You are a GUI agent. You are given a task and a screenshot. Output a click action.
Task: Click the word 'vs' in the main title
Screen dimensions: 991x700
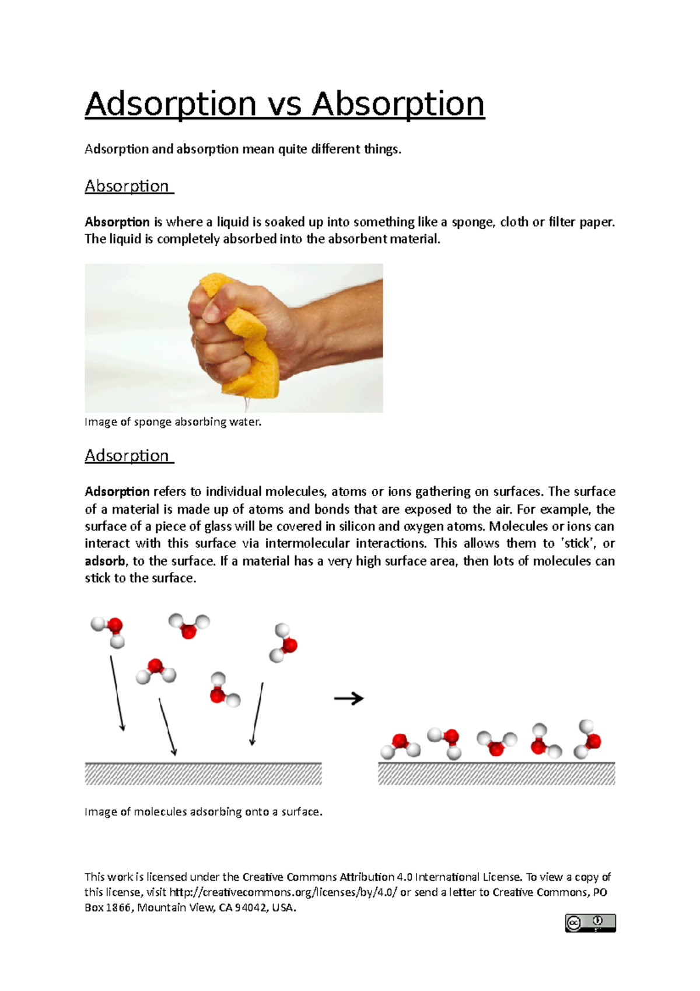(284, 105)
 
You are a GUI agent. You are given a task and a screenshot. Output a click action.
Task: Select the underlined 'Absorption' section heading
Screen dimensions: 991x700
(127, 186)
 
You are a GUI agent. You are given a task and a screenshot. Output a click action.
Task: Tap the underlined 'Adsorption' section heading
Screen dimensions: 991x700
(127, 456)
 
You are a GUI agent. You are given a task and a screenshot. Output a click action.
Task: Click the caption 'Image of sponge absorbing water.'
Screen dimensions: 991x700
(173, 422)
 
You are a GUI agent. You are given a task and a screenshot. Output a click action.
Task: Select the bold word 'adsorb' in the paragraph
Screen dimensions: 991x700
(105, 561)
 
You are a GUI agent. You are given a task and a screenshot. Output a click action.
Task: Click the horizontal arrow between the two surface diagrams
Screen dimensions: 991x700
(349, 698)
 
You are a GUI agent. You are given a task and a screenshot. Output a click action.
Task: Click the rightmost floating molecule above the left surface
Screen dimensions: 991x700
(283, 643)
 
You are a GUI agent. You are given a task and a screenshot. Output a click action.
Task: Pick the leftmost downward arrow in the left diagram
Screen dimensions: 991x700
(117, 693)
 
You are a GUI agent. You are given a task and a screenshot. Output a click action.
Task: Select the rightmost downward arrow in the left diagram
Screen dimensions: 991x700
(257, 713)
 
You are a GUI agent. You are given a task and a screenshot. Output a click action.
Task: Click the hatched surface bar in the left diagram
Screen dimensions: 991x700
(203, 774)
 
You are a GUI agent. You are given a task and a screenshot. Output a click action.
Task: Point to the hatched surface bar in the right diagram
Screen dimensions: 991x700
(496, 774)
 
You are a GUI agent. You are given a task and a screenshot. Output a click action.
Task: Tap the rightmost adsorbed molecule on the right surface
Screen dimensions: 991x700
(587, 739)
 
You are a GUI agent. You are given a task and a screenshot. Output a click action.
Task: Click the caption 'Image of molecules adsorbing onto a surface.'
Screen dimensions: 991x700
(203, 812)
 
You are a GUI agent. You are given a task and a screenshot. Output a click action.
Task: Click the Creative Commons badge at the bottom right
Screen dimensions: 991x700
(590, 923)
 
